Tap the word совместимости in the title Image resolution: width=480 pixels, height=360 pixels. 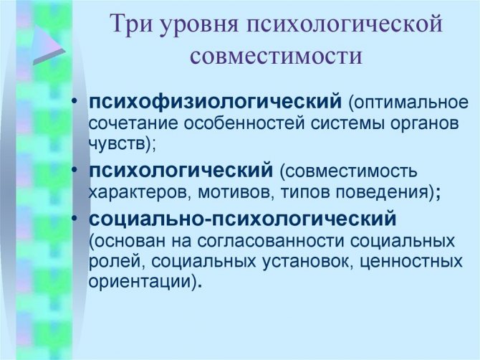[276, 56]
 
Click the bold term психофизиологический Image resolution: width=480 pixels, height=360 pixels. [215, 102]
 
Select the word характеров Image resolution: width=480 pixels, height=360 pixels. [136, 192]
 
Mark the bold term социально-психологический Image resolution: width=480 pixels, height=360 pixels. [243, 219]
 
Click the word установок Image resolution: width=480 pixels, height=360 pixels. [306, 262]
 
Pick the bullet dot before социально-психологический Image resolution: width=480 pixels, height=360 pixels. [75, 217]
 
